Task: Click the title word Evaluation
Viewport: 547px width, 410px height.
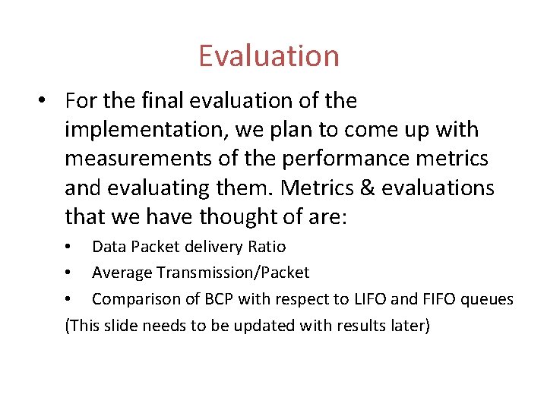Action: [x=269, y=56]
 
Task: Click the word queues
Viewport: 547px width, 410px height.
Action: [x=491, y=300]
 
